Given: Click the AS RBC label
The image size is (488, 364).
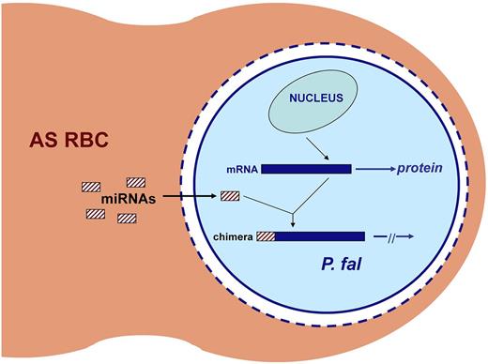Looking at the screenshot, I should point(69,144).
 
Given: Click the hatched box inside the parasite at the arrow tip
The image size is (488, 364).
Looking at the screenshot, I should point(230,196).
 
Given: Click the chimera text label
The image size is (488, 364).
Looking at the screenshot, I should point(234,237).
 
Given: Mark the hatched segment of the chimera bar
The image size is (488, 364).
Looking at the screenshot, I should point(266,237).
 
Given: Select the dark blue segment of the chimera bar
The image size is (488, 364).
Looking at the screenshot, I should point(319,237).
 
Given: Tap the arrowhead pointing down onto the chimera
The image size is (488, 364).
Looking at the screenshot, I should point(295,223).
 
